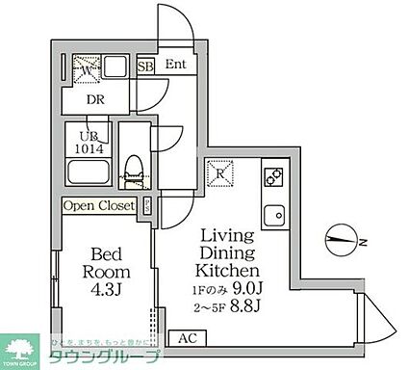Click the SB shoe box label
point(145,66)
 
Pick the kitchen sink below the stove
point(272,215)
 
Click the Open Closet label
point(99,205)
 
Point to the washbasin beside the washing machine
point(115,69)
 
